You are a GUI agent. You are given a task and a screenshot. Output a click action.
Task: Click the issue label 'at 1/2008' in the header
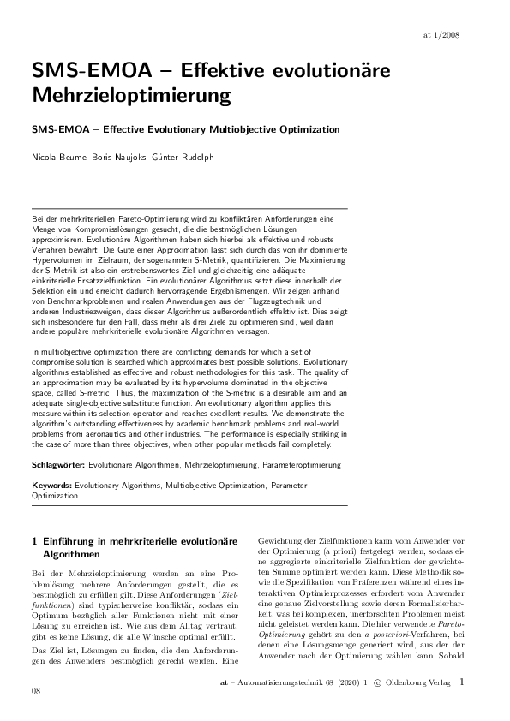click(466, 35)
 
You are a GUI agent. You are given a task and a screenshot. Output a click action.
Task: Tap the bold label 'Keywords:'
click(51, 484)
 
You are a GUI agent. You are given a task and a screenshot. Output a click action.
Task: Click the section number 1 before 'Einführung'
click(33, 542)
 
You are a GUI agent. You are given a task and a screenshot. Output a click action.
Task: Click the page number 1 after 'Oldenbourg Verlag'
click(463, 682)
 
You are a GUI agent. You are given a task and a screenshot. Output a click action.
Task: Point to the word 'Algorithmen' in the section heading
click(69, 555)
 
